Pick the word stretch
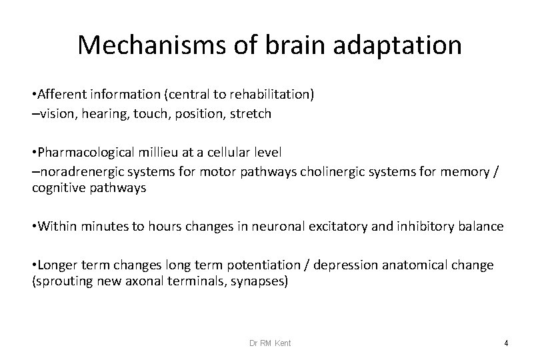coord(251,113)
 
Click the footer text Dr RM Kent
coord(270,343)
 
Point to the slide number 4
coord(506,343)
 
